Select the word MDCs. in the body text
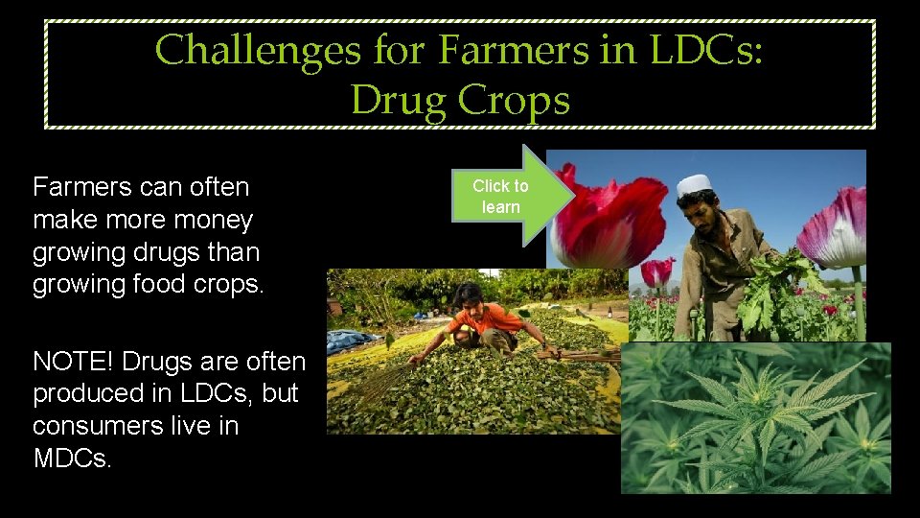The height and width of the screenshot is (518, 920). coord(73,458)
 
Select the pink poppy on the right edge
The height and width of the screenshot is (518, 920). coord(839,230)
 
